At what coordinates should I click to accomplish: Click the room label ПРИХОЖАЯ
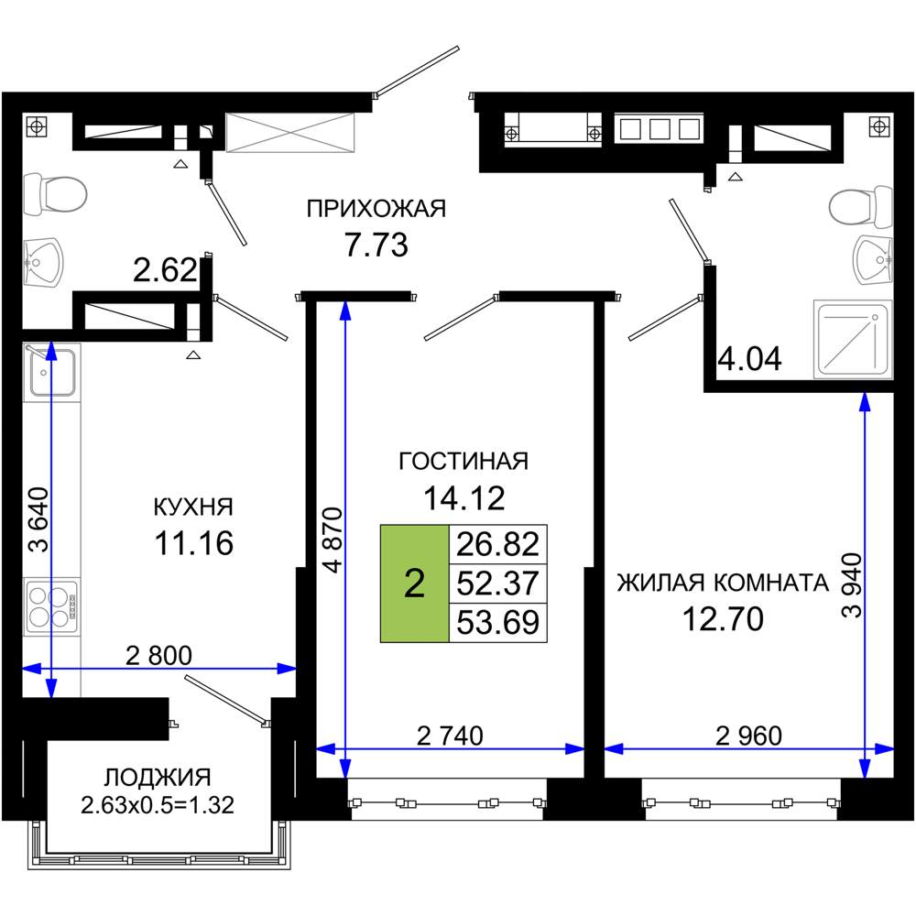click(376, 210)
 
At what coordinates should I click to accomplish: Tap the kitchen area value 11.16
click(193, 543)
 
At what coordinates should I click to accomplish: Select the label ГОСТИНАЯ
click(463, 461)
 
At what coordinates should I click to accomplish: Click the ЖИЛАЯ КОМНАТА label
click(722, 583)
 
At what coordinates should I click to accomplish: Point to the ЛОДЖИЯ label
click(158, 778)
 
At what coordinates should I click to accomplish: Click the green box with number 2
click(414, 583)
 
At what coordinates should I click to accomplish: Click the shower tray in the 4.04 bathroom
click(852, 337)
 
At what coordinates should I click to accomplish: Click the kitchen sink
click(51, 370)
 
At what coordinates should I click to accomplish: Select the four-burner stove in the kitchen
click(51, 605)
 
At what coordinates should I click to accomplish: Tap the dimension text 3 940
click(850, 586)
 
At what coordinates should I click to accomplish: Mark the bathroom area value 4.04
click(749, 358)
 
